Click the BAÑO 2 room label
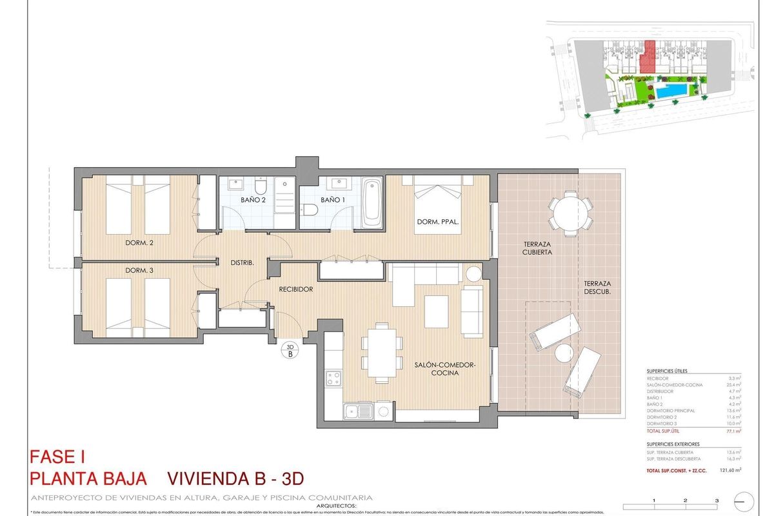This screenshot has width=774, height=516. pos(253,200)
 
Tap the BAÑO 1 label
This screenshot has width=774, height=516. pos(333,200)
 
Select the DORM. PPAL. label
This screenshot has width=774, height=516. pos(438,222)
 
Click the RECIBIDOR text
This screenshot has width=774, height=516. pos(296,290)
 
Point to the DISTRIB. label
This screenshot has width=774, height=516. pos(243,263)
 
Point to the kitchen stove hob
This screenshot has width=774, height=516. pos(333,378)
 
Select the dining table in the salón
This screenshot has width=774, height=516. pos(379,353)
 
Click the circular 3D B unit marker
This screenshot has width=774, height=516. pos(290,350)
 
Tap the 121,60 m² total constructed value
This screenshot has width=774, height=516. pos(729,471)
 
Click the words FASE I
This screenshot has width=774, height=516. pos(58,457)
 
